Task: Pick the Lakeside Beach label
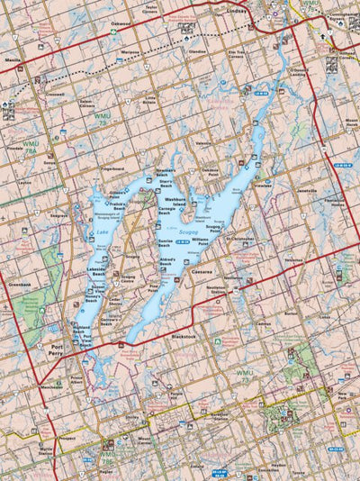96,271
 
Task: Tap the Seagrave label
59,216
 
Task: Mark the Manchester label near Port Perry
51,386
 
